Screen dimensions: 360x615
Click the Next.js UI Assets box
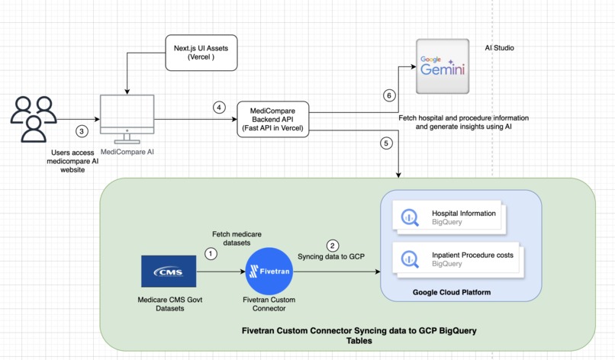pos(201,53)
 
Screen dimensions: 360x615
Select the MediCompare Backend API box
pos(272,120)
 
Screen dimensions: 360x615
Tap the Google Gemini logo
pos(443,66)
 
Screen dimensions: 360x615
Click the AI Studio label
pos(499,48)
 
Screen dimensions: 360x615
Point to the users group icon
pos(33,118)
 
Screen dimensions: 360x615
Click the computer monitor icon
pos(127,118)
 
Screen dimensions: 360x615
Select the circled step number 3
pos(82,131)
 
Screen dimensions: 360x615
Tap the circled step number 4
pos(220,108)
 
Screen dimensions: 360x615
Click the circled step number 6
pos(389,95)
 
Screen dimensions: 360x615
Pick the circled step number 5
pos(386,143)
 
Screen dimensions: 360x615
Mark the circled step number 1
pos(211,253)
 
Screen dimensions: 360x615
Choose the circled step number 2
pos(332,246)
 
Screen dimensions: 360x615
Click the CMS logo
pos(169,272)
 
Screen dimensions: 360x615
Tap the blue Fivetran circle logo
pos(269,272)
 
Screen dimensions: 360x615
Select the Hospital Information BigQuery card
pos(455,217)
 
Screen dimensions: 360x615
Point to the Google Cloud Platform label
pos(452,292)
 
